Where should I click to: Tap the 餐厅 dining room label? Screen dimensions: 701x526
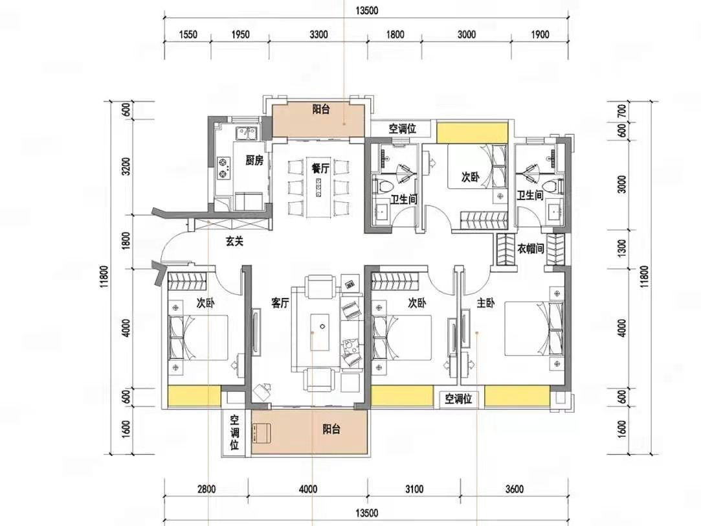point(320,168)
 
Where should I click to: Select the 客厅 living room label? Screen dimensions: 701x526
point(280,303)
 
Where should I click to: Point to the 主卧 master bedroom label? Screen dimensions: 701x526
point(485,303)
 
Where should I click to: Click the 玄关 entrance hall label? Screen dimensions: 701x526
point(234,242)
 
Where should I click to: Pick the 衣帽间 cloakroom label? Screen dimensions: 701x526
point(531,248)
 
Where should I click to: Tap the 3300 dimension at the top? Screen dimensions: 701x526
point(318,34)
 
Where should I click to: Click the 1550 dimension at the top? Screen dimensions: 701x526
point(188,34)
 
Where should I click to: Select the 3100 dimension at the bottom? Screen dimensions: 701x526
point(414,489)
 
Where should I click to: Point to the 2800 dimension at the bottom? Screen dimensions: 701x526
point(206,489)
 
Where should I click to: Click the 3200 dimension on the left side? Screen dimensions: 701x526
point(126,166)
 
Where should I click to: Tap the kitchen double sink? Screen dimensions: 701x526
point(247,133)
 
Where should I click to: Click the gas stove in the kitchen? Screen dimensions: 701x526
point(223,168)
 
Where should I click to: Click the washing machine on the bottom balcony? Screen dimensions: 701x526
point(261,433)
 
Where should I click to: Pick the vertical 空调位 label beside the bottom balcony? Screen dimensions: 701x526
point(234,432)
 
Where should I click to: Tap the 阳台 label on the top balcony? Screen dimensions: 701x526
point(321,109)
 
